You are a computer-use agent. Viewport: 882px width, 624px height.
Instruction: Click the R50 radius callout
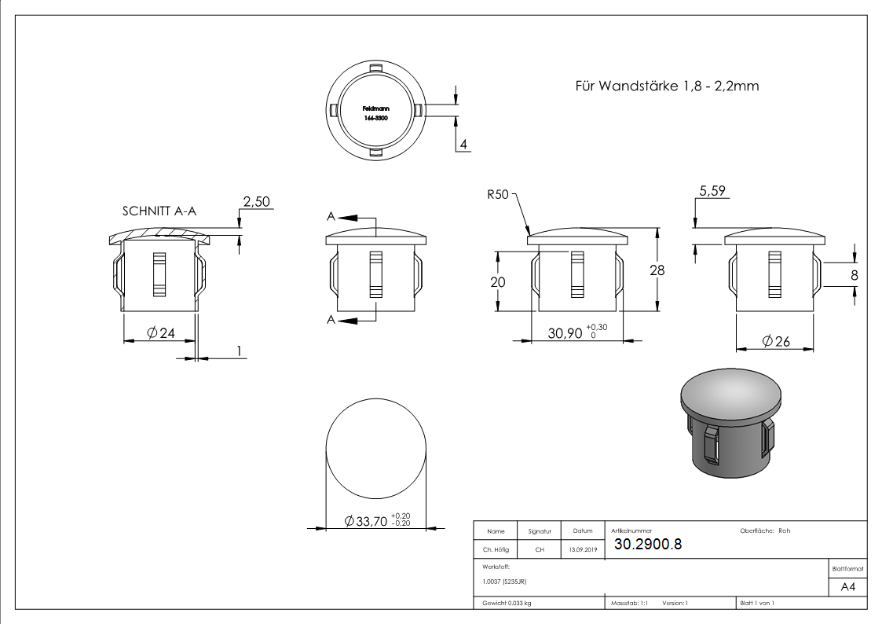point(499,193)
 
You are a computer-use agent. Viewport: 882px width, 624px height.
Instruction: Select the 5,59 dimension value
point(711,191)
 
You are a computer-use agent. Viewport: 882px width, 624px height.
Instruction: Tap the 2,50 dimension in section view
point(255,202)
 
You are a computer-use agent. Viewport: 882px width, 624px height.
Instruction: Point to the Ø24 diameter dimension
point(162,333)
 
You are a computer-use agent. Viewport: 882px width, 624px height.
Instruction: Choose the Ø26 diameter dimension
point(774,342)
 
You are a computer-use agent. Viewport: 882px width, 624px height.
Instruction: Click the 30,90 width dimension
point(565,333)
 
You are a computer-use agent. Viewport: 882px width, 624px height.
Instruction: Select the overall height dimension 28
point(657,270)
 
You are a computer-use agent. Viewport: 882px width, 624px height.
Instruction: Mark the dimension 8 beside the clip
point(854,275)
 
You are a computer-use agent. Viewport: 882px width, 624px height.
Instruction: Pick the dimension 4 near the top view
point(463,145)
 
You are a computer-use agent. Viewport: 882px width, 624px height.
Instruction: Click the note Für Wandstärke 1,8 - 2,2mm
point(667,86)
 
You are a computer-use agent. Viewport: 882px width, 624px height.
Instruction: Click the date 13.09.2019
point(582,550)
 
